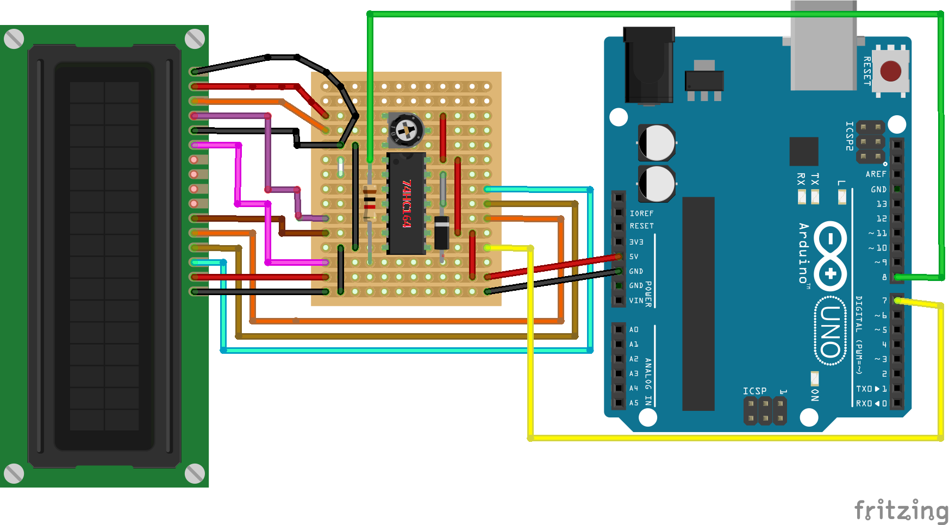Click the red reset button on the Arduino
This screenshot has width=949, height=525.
[x=890, y=71]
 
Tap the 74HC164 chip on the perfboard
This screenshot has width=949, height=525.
[x=405, y=204]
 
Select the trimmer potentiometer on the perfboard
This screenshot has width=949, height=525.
[x=405, y=130]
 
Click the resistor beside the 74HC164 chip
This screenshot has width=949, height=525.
[x=370, y=203]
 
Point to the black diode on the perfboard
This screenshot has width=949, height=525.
[x=441, y=232]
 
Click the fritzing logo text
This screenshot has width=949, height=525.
[x=901, y=511]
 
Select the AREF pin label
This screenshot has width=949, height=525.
[x=876, y=174]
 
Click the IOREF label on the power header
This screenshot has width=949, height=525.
[x=641, y=214]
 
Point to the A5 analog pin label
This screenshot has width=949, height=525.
[x=634, y=403]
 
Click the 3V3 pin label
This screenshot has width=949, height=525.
[x=636, y=242]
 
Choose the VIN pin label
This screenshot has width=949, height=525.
[x=636, y=301]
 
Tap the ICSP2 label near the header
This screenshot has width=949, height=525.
[x=849, y=136]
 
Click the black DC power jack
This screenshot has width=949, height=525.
[x=649, y=65]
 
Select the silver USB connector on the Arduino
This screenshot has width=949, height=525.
[x=823, y=46]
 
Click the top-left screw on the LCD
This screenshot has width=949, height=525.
[x=14, y=39]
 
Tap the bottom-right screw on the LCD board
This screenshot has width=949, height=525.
[x=195, y=473]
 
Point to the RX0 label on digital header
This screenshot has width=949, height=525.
[x=863, y=403]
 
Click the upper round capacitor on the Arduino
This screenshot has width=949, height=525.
[x=657, y=143]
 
